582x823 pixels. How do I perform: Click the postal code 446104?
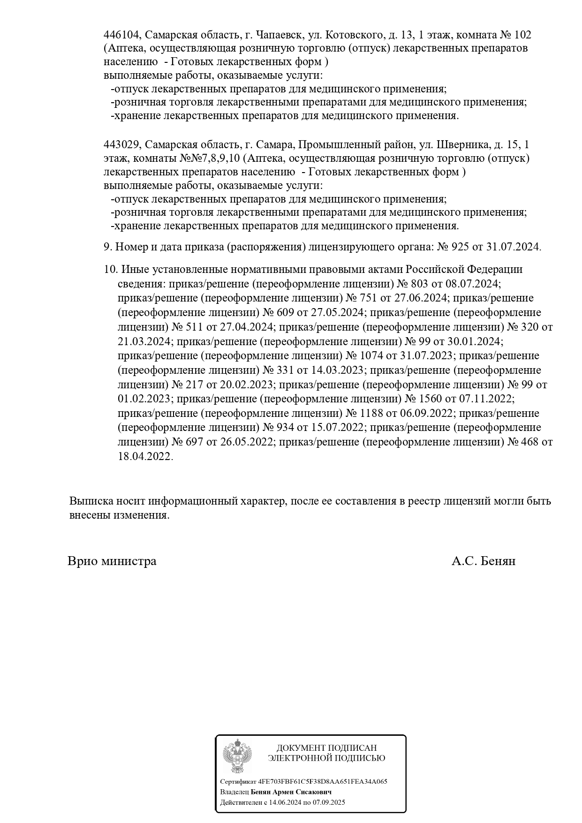pos(121,35)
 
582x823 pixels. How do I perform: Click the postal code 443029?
pos(121,144)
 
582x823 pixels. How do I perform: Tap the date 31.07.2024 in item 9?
pos(514,247)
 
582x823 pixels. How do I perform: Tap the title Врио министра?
pos(112,561)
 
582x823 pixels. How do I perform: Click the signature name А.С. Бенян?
pos(484,561)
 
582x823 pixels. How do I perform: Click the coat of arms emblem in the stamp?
pos(237,755)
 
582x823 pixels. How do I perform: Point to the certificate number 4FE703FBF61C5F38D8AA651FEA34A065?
pos(323,781)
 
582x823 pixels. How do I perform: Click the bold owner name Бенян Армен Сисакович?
pos(291,792)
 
